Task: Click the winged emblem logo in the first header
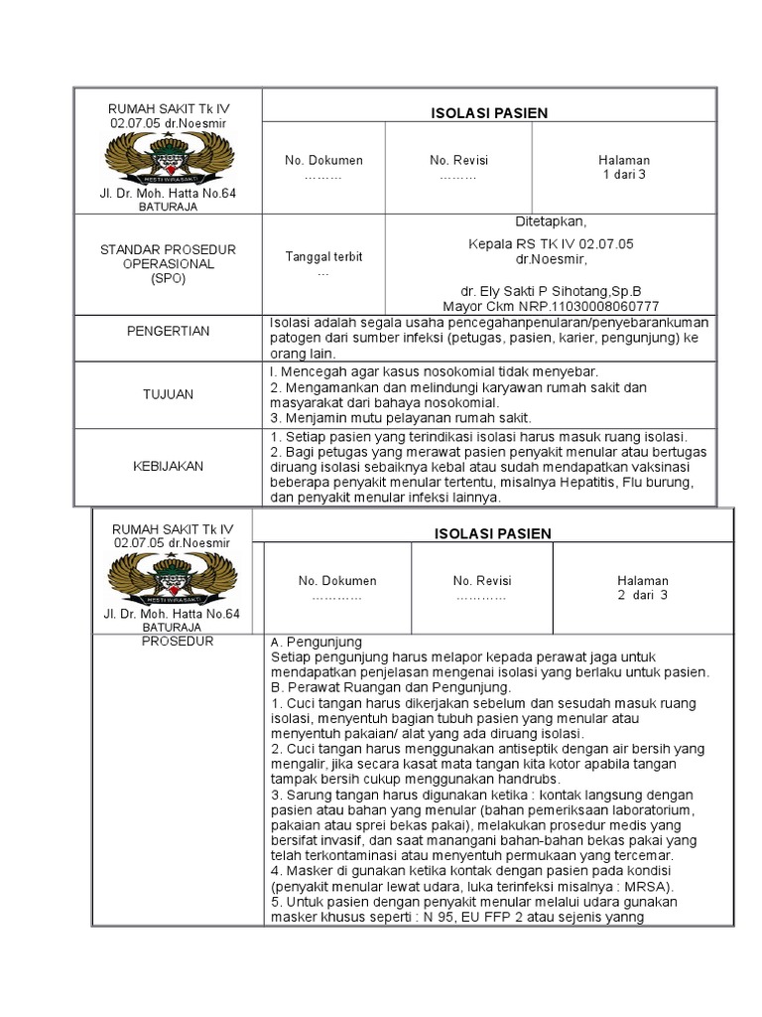[168, 156]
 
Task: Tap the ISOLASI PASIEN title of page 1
[478, 113]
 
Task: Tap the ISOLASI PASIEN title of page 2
[492, 534]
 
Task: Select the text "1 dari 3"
[624, 175]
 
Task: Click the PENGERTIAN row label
[168, 331]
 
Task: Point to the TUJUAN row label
[168, 394]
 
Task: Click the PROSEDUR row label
[180, 641]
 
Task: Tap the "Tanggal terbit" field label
[323, 256]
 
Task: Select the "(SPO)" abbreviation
[168, 279]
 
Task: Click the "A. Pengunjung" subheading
[316, 642]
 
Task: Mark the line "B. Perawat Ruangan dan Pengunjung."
[390, 686]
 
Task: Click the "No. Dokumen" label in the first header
[323, 160]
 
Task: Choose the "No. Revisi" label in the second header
[482, 581]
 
